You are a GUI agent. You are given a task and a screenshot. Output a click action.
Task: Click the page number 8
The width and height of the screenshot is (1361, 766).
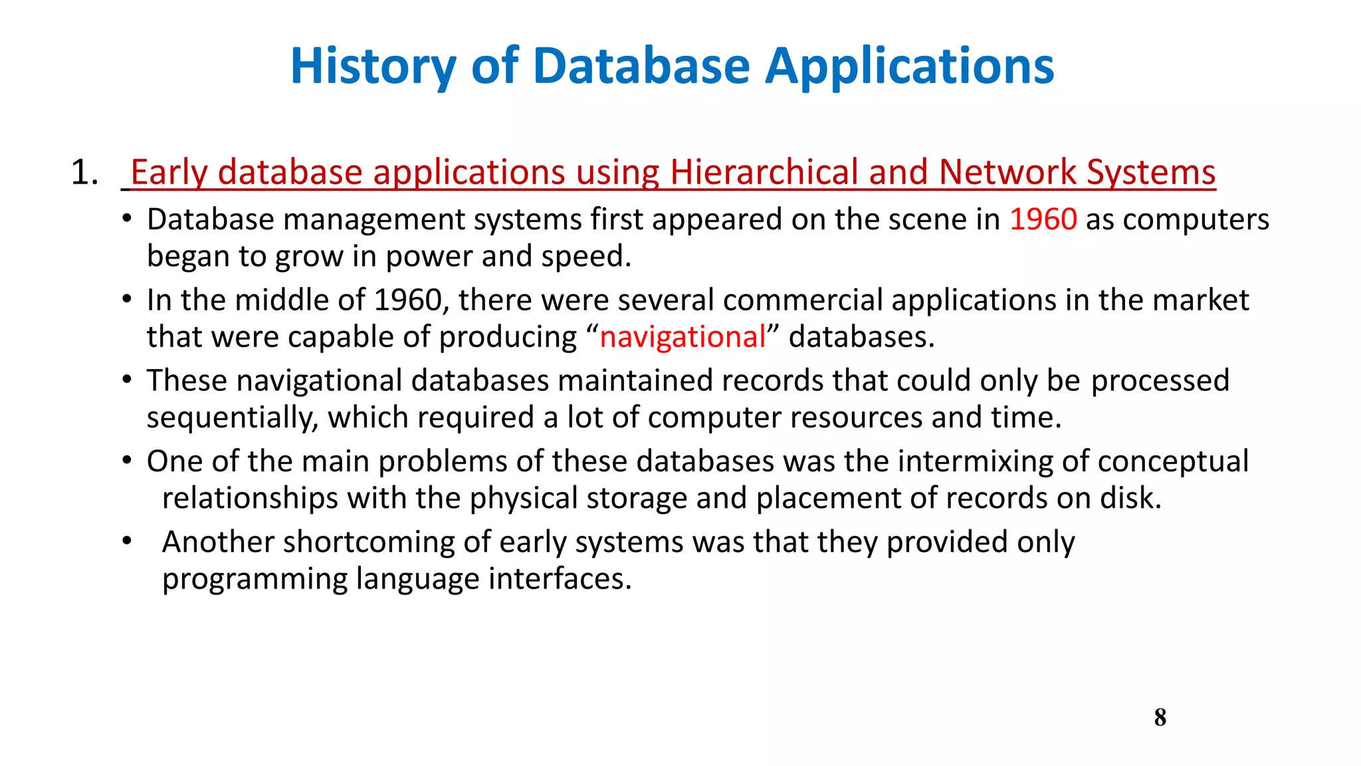1160,717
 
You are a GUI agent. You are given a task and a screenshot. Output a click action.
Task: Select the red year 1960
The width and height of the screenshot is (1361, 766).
1043,219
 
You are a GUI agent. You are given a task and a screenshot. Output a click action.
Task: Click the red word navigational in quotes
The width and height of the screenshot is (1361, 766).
682,337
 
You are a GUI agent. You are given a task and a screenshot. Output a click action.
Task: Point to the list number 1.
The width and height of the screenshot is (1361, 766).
84,173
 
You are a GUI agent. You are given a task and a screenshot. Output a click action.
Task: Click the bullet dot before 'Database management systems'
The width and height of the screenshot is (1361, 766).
127,219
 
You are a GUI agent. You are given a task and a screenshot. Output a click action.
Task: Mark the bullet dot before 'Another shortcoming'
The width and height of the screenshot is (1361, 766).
127,541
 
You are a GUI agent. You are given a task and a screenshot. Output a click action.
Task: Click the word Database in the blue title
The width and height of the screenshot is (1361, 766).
641,66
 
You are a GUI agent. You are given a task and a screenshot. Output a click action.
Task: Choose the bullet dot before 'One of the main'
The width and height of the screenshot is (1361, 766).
127,461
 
